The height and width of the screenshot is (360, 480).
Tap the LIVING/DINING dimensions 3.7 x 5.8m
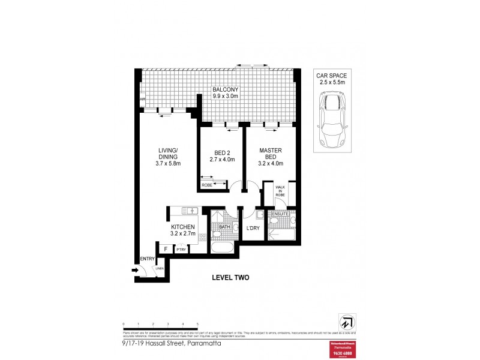168,163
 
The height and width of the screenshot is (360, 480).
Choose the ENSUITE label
281,214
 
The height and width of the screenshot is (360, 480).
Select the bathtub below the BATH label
223,247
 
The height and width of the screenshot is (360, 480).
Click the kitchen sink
190,210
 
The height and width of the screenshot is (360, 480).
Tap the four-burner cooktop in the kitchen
202,238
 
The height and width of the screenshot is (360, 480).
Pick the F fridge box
164,249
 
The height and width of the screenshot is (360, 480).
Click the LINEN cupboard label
159,268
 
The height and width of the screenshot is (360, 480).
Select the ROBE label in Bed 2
206,185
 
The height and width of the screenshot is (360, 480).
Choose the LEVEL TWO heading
230,277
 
